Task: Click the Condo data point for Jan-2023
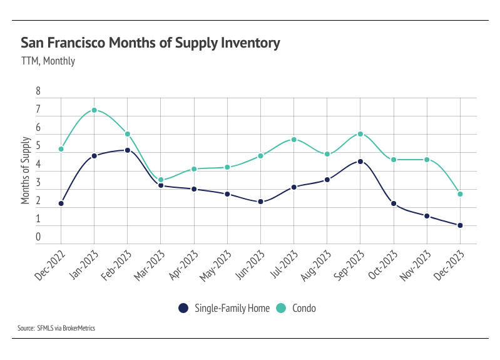94,110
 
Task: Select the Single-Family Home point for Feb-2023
127,150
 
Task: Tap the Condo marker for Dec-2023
460,194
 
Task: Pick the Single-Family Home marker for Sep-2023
360,162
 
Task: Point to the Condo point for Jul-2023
293,140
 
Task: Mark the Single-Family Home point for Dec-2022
61,203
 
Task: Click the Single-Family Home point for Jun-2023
260,202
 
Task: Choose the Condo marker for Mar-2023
161,180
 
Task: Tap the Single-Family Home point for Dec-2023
460,225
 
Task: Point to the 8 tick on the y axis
38,91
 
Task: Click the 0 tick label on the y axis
38,237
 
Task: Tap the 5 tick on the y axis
38,147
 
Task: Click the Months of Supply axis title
26,171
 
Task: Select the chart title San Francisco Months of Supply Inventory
150,43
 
